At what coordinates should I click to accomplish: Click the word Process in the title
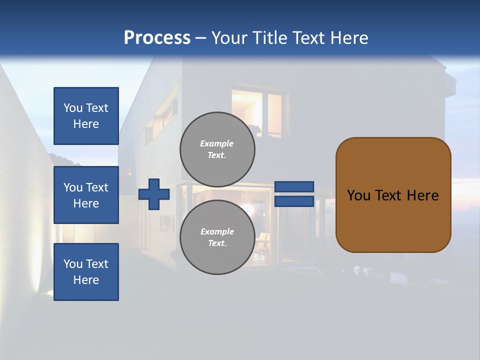(x=157, y=37)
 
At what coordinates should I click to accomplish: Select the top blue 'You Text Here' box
(x=86, y=116)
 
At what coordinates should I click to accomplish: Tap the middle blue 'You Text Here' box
(x=86, y=195)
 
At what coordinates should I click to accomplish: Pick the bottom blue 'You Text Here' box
(x=86, y=271)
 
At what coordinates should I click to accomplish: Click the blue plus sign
(x=153, y=194)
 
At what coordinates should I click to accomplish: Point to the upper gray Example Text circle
(x=217, y=149)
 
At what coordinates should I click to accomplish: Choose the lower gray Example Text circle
(x=217, y=237)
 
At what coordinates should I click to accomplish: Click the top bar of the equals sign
(x=294, y=186)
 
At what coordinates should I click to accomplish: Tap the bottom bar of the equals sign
(x=294, y=201)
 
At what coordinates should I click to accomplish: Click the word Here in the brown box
(x=422, y=195)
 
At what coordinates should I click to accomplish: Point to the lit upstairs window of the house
(x=260, y=112)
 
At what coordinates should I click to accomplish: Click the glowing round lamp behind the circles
(x=248, y=208)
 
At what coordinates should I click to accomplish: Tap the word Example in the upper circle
(x=217, y=143)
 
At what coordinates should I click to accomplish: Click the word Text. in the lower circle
(x=217, y=243)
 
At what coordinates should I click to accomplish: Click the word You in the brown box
(x=358, y=195)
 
